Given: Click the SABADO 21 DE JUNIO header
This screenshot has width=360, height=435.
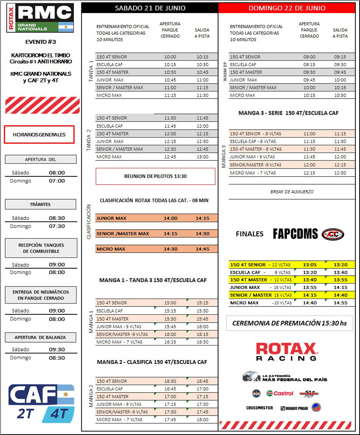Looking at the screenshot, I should (150, 8).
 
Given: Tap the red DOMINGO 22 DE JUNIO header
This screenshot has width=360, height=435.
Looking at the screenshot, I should (287, 8).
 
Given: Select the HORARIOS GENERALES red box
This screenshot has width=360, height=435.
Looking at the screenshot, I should (39, 135).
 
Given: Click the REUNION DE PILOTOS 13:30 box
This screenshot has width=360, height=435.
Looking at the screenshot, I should (155, 176).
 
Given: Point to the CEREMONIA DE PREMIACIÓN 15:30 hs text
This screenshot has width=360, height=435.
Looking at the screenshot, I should (289, 323).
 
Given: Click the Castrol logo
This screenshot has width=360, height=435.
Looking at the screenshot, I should (280, 393).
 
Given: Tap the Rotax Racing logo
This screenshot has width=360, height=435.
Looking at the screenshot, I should (287, 351).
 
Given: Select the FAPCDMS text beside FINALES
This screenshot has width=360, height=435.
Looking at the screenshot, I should (295, 234).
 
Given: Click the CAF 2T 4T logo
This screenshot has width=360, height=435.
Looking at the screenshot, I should (41, 403).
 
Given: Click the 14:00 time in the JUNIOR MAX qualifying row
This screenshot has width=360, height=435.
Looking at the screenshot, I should (170, 218).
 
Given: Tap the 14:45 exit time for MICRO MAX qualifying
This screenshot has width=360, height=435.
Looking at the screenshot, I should (202, 249).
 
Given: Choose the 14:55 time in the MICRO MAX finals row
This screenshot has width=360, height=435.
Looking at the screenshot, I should (340, 303).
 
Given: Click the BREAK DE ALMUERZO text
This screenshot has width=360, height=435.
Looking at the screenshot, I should (292, 191).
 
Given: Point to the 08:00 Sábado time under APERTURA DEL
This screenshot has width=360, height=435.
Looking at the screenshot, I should (57, 173).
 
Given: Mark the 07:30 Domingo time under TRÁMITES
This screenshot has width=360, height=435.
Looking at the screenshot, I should (57, 226).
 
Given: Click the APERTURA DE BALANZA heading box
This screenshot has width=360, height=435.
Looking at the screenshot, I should (40, 337).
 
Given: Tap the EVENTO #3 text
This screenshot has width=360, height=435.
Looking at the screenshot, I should (40, 42).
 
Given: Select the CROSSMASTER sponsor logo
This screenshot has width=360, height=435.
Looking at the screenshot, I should (259, 408).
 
